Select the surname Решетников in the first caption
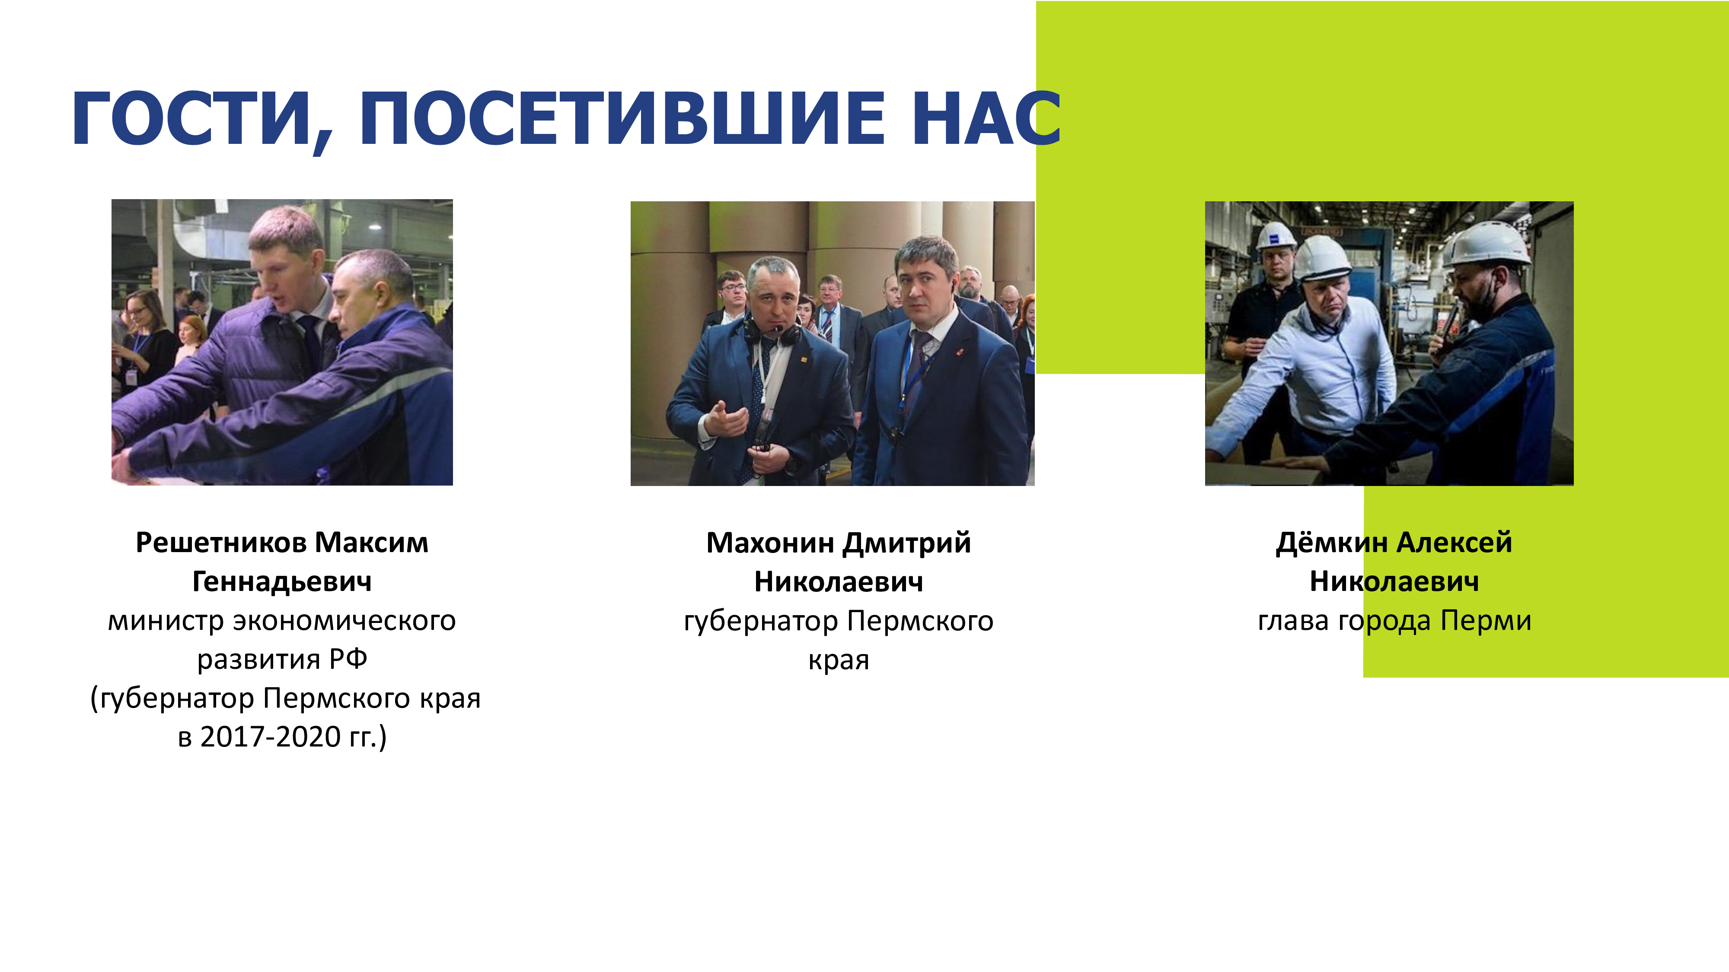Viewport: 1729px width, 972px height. pos(221,542)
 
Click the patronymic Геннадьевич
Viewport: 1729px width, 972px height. pos(282,581)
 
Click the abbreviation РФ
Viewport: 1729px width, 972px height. pos(348,659)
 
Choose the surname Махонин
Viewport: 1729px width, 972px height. pos(771,542)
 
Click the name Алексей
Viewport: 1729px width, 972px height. pos(1455,542)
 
